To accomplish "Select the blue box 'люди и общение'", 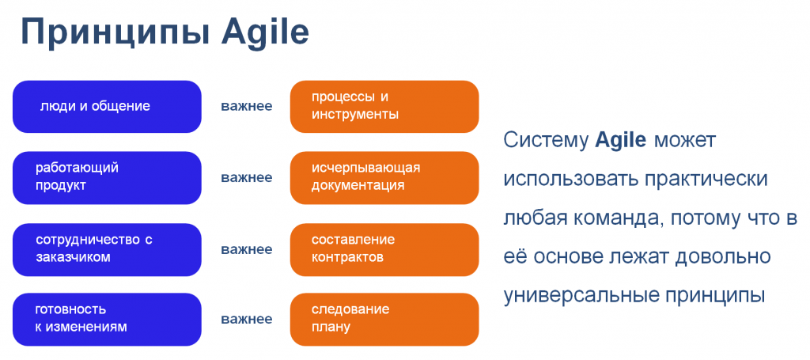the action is click(x=107, y=106).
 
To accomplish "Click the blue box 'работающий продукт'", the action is click(x=107, y=177).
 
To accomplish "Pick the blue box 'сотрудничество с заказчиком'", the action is click(x=107, y=249).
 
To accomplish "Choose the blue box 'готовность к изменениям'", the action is click(x=107, y=320).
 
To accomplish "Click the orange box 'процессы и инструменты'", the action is click(x=384, y=106).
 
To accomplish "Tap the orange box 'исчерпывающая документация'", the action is click(x=384, y=177).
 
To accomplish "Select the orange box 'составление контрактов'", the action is click(x=384, y=249).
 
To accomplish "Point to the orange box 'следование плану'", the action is click(x=384, y=320).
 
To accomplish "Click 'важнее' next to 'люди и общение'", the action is click(x=247, y=107).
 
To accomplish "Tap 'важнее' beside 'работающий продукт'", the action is click(x=247, y=178).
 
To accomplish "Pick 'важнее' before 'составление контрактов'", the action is click(x=247, y=250).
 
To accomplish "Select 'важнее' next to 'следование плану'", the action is click(x=247, y=320).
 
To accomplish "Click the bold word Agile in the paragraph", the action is click(x=620, y=141).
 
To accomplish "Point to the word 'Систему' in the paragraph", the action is click(x=546, y=141).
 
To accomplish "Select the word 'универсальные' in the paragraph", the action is click(x=580, y=296).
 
